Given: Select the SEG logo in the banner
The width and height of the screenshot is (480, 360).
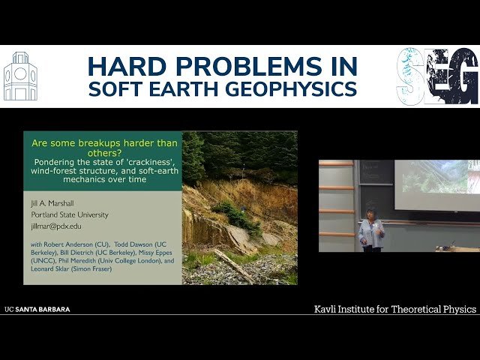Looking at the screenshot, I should click(x=437, y=76).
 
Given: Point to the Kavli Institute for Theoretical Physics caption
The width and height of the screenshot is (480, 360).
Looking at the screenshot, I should click(x=394, y=309).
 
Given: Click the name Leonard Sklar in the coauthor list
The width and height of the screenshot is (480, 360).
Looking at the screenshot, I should click(x=56, y=271).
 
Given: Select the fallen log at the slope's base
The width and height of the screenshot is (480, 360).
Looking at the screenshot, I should click(x=232, y=265).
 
